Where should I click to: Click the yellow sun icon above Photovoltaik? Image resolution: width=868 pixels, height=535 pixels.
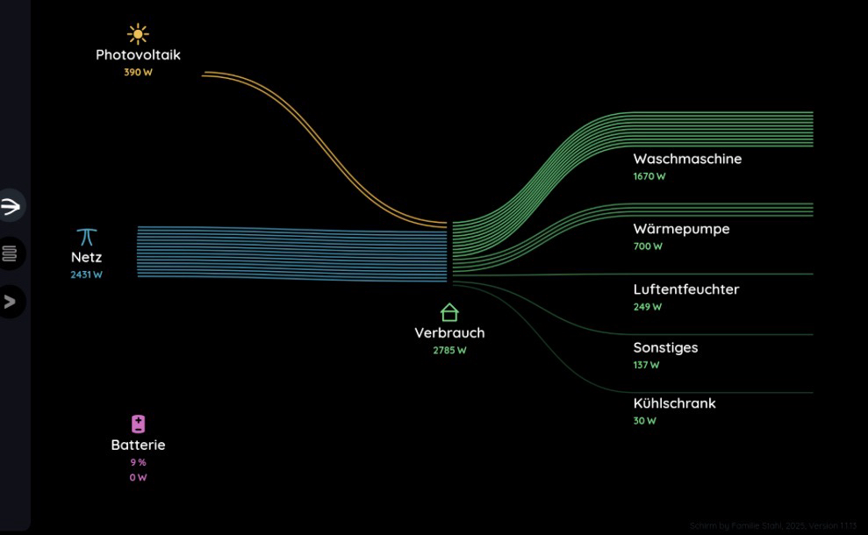pos(138,34)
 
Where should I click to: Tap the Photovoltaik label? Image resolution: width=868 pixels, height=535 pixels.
pos(138,54)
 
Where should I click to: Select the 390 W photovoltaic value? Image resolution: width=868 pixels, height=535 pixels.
pos(138,72)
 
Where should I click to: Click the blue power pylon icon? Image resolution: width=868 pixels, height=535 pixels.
pos(86,237)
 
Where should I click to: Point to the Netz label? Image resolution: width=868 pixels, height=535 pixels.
pos(86,257)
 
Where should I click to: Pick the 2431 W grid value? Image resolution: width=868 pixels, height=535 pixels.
pos(86,275)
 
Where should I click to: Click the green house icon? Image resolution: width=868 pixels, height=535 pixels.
pos(449,312)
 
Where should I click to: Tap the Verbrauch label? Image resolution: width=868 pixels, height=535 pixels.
pos(449,332)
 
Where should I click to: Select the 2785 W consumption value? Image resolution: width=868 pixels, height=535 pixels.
pos(449,350)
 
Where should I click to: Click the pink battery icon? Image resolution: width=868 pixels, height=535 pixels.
pos(138,424)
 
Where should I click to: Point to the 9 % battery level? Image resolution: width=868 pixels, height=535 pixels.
pos(138,462)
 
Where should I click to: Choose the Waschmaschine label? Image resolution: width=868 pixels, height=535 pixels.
pos(687,159)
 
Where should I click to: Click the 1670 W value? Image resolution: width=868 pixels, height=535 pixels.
pos(649,176)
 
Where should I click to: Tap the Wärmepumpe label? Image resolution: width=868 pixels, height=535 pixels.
pos(681,229)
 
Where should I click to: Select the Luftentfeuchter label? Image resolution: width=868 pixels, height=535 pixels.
pos(686,289)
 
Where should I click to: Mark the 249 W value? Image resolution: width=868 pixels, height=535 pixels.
pos(648,307)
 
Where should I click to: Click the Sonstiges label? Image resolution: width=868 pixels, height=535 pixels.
pos(665,347)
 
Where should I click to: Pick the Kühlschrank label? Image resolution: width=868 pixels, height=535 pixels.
pos(674,403)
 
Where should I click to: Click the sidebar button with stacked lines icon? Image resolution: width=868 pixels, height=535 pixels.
pos(10,253)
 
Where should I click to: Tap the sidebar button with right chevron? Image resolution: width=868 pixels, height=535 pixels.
pos(10,302)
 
